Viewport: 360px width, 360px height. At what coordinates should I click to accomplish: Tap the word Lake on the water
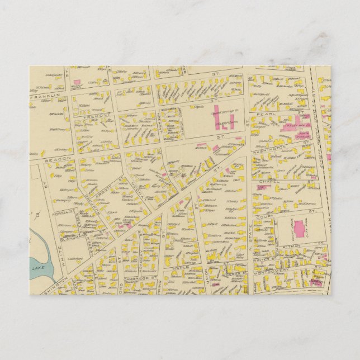point(38,269)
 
